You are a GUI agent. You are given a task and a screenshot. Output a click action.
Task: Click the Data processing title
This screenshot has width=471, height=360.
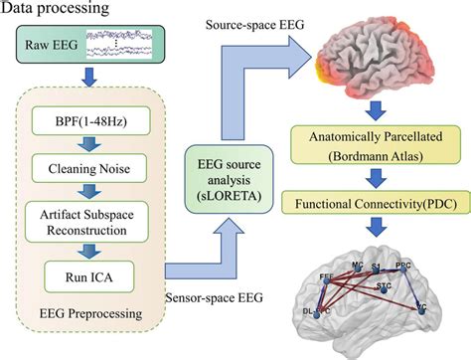tap(62, 13)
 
